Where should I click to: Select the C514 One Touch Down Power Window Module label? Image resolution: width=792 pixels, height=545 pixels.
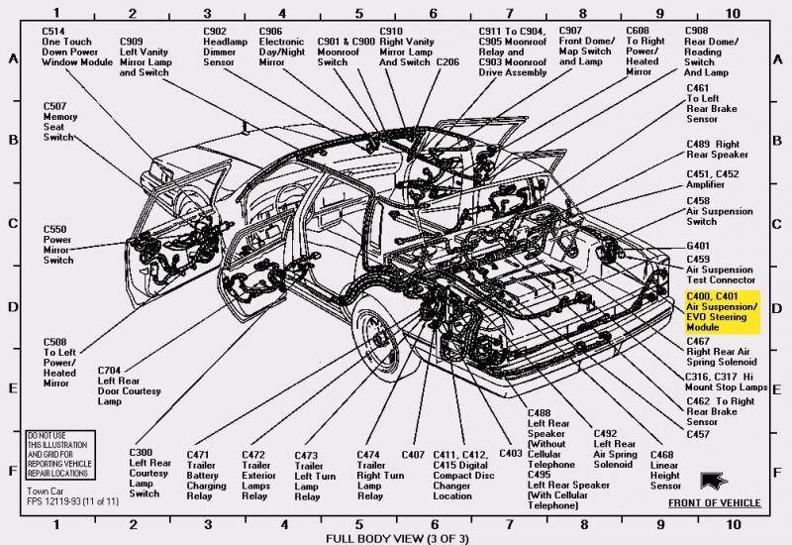(x=77, y=48)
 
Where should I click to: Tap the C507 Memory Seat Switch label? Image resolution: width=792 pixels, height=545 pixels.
(x=60, y=122)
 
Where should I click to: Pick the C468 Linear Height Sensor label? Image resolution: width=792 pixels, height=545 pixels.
(x=665, y=471)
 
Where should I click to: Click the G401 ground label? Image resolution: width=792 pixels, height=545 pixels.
(x=699, y=246)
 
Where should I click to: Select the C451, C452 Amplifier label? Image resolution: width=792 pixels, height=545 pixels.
(x=713, y=179)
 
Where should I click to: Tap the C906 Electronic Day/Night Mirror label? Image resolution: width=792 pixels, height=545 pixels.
(x=282, y=47)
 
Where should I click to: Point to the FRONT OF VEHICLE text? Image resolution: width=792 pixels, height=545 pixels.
(x=714, y=503)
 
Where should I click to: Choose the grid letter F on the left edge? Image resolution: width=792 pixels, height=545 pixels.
(x=14, y=471)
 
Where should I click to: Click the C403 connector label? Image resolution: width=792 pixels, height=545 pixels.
(x=511, y=454)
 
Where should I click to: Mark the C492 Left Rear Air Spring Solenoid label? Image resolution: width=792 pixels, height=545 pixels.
(x=615, y=449)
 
